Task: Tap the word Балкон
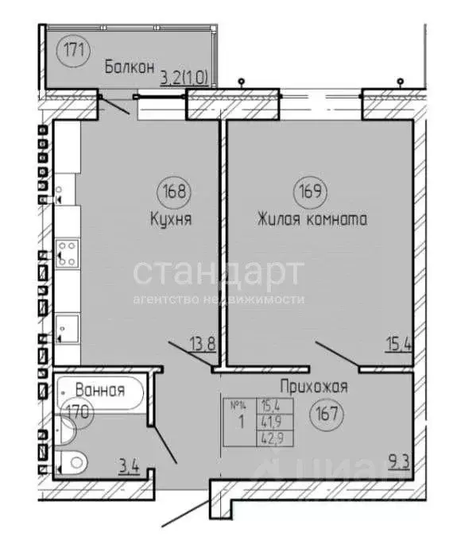128,68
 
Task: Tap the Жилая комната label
312,218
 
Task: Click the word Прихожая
314,388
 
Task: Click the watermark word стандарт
218,272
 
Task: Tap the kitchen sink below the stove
67,326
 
